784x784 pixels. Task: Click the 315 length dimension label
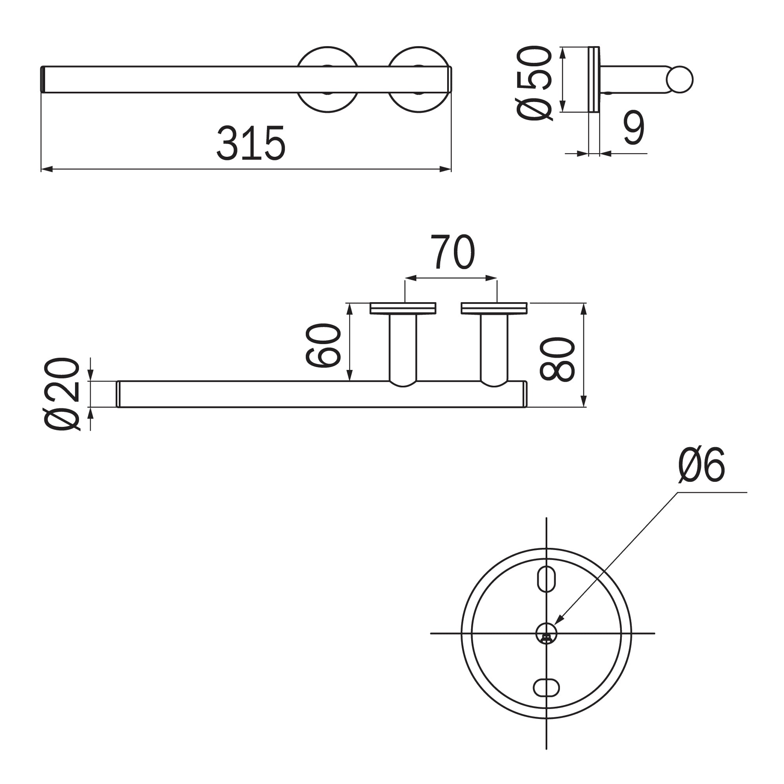coord(251,143)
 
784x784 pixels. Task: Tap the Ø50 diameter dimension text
coord(534,83)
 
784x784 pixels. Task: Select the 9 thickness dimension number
coord(634,127)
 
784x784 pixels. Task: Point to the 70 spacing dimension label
coord(452,252)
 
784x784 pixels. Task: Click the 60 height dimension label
coord(323,345)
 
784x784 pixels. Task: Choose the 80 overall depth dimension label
coord(557,359)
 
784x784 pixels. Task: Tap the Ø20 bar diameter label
coord(62,394)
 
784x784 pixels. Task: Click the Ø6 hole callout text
coord(701,465)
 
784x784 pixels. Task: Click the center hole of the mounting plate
coord(546,633)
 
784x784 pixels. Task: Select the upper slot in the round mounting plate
coord(546,579)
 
